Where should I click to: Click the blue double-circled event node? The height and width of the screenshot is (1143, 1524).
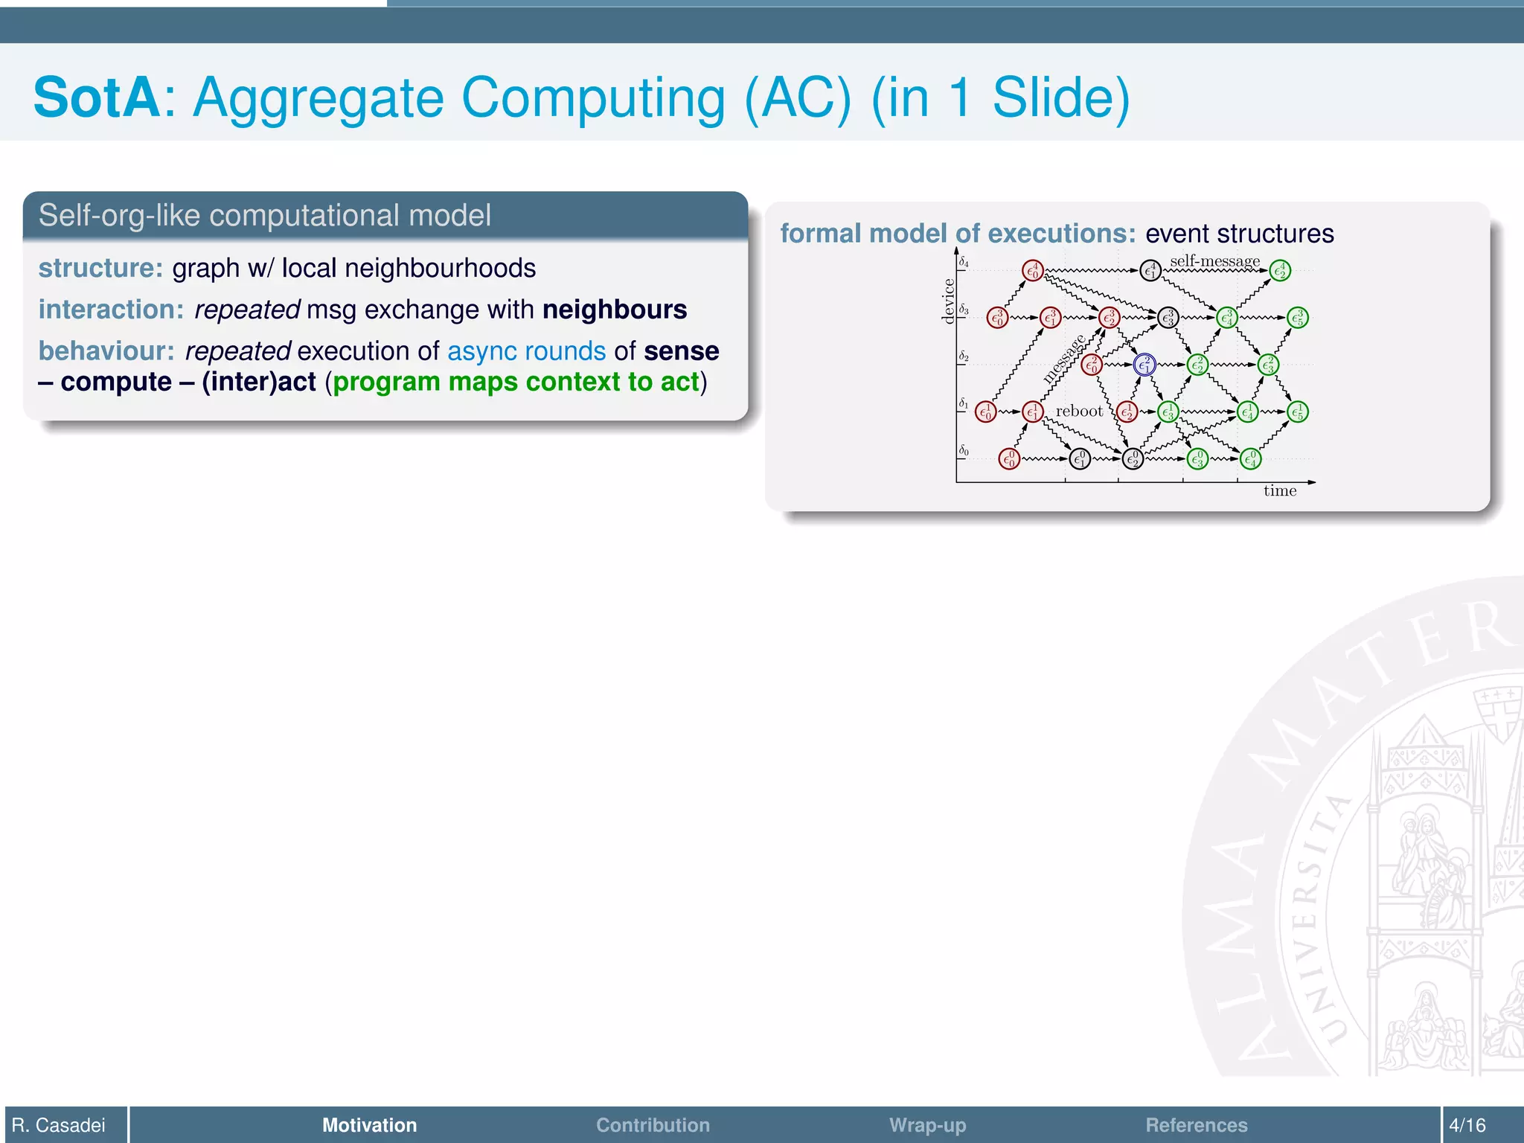[x=1144, y=365]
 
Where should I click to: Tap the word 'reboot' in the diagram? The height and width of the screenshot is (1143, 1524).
[x=1079, y=412]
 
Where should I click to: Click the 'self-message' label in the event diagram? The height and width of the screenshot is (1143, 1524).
[x=1214, y=261]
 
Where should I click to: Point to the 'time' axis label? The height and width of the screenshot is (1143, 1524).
[x=1279, y=491]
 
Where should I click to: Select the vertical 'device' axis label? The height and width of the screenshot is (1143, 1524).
[x=948, y=301]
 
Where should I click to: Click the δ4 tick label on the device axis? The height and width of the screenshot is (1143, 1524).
[x=964, y=262]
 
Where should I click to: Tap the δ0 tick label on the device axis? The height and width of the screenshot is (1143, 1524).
[x=964, y=451]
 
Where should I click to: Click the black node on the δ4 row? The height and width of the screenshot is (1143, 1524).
[x=1150, y=270]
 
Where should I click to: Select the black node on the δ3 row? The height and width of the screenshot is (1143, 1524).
[x=1168, y=318]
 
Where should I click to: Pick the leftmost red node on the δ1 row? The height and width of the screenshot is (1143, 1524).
[x=985, y=412]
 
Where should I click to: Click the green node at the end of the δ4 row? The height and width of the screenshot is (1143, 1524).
[x=1280, y=271]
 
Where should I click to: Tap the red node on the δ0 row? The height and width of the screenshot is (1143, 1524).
[x=1009, y=459]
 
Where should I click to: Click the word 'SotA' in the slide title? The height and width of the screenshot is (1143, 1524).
[x=97, y=97]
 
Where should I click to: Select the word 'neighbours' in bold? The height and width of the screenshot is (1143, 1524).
[x=615, y=310]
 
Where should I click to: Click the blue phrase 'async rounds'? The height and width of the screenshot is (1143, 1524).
[x=526, y=351]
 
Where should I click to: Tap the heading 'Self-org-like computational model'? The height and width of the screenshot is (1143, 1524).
[x=265, y=216]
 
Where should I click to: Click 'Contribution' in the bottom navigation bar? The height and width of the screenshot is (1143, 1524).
[x=653, y=1125]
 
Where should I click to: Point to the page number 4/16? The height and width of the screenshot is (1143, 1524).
[x=1467, y=1125]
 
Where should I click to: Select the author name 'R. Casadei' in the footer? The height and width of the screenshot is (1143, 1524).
[x=59, y=1125]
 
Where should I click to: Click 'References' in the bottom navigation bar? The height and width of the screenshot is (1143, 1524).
[x=1196, y=1125]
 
